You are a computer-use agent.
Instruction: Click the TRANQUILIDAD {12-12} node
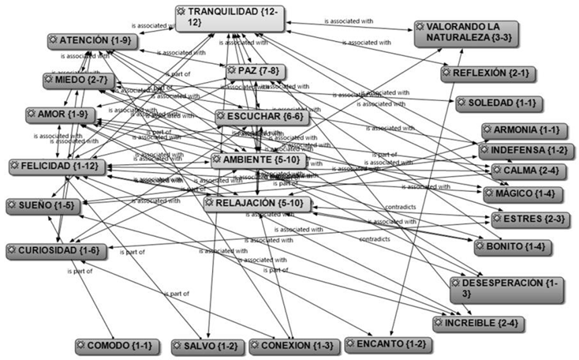230,17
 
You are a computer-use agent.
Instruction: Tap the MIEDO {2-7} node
78,81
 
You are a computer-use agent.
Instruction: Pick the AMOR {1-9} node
62,115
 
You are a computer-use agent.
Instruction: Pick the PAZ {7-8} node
253,72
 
